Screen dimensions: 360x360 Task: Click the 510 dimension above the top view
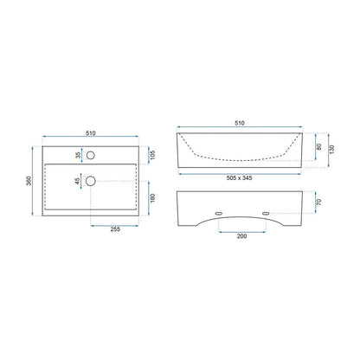click(91, 133)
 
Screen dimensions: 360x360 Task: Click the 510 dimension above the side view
click(240, 123)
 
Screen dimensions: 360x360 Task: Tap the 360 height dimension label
click(29, 181)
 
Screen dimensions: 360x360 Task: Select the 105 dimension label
click(152, 155)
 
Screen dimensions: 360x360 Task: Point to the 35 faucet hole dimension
click(78, 155)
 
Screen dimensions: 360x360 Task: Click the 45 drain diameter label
click(77, 181)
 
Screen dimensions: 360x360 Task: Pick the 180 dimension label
click(152, 198)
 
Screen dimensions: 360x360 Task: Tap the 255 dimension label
click(115, 229)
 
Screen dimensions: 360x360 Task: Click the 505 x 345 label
click(239, 178)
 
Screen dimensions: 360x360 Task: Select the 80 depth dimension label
click(318, 146)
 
